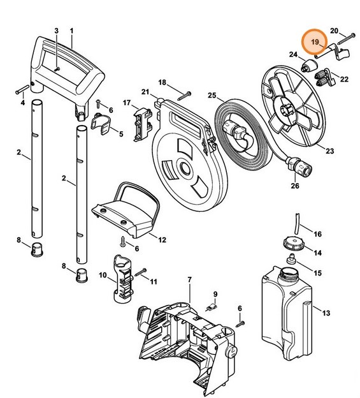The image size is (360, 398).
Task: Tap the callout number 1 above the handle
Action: (71, 31)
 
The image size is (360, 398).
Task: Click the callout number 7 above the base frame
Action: (189, 281)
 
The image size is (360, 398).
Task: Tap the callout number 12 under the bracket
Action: (162, 240)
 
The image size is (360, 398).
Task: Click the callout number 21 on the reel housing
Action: (146, 92)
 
